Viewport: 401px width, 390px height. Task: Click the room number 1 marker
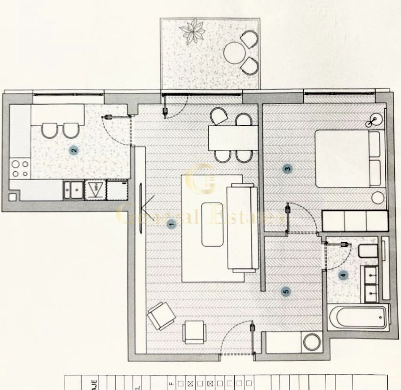click(171, 225)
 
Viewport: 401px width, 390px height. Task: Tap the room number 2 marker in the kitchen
click(74, 150)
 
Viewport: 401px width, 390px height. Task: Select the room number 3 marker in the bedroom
click(288, 169)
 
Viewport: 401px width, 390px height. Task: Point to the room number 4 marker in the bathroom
click(343, 275)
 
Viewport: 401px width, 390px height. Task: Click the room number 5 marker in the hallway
click(286, 292)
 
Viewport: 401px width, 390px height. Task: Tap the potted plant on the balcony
click(192, 31)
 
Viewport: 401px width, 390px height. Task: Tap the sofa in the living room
click(242, 228)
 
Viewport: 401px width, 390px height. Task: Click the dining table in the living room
click(233, 138)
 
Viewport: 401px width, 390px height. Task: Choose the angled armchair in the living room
click(161, 316)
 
